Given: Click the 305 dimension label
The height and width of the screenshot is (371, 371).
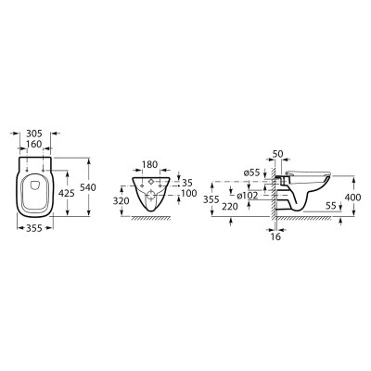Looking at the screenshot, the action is click(34, 134).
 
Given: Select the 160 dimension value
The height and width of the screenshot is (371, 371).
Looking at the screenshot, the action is click(34, 144).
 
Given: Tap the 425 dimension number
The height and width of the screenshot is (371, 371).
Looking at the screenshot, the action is click(67, 194).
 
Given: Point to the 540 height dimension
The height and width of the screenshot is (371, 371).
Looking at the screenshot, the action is click(88, 187).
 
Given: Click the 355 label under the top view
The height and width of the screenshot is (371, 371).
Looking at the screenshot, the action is click(34, 228).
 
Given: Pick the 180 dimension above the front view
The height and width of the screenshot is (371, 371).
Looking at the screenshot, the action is click(149, 164).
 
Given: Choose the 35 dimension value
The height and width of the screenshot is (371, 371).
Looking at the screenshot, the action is click(187, 183).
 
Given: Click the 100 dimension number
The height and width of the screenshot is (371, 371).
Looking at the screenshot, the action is click(189, 194).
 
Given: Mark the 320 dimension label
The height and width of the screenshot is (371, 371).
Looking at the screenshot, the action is click(121, 201).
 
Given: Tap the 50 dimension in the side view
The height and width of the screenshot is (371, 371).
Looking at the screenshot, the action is click(277, 154).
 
